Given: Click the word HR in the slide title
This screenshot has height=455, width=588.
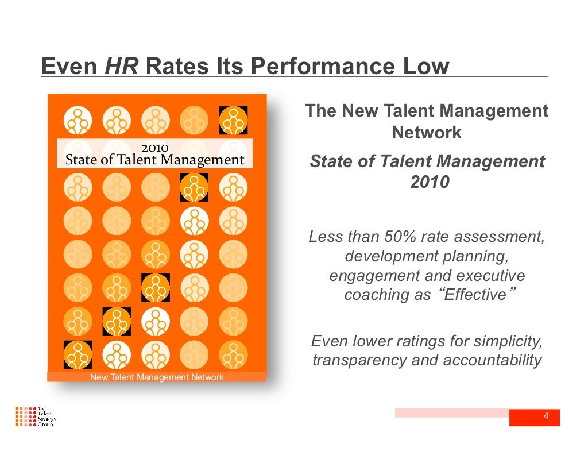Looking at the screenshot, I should [x=121, y=67].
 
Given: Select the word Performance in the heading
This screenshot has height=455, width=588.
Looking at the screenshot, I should [x=322, y=67].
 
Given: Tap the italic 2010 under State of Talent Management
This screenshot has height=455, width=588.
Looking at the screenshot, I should [x=430, y=183].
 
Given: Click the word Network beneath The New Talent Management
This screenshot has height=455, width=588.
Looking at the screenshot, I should [x=427, y=133].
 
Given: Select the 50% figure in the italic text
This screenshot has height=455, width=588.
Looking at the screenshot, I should [x=395, y=237].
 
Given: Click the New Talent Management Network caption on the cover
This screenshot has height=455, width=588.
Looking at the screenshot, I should [x=157, y=377].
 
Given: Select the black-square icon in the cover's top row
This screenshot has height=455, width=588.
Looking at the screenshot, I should [x=234, y=121].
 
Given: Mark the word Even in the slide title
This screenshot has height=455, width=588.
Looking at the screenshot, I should [x=69, y=67].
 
